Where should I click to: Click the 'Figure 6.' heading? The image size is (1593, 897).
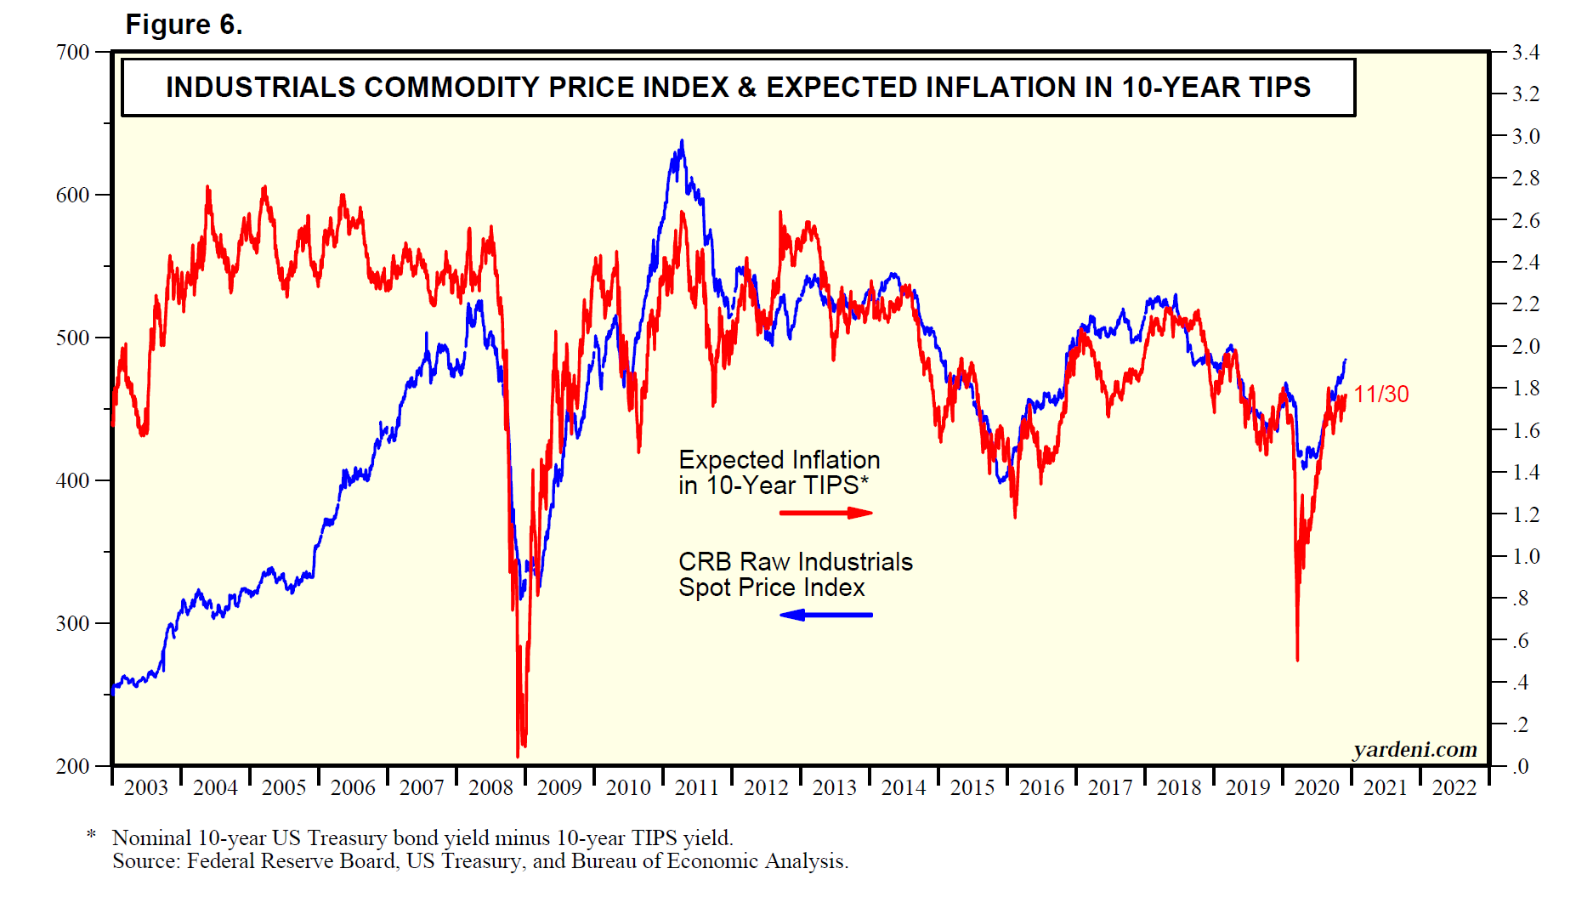[184, 25]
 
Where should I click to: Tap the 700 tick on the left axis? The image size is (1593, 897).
[73, 53]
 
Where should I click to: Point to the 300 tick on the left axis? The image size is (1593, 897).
[73, 623]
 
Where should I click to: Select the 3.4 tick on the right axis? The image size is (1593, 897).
[1526, 53]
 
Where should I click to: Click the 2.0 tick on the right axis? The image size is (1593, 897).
[1526, 346]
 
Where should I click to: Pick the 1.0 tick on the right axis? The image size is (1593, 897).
[1526, 556]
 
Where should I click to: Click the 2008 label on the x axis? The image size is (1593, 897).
[490, 788]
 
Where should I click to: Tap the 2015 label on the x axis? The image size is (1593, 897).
[972, 788]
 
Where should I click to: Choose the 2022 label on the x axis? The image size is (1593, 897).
[1454, 788]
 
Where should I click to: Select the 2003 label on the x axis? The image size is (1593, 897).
[146, 788]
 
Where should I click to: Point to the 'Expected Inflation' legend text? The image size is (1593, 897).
[779, 460]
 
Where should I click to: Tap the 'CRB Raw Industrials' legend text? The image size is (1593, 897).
[795, 562]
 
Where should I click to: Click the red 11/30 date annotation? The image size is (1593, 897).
[1381, 395]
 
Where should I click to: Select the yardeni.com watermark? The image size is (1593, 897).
[1414, 750]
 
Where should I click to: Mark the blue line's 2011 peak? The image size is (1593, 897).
[682, 141]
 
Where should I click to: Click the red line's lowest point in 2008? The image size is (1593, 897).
[519, 756]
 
